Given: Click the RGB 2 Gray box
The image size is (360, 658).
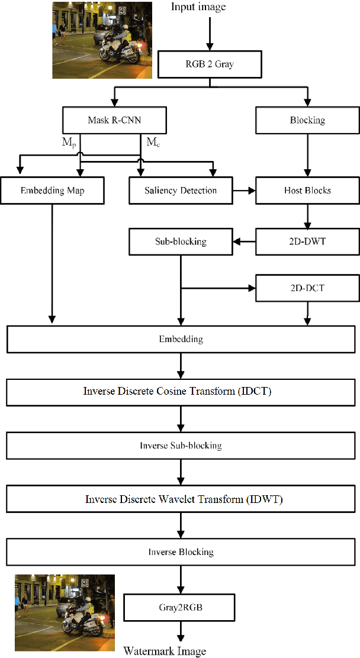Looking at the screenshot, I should click(x=208, y=64).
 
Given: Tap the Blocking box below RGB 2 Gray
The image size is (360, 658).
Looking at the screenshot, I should click(x=307, y=120).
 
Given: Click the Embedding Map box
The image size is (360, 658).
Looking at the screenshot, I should click(x=53, y=191).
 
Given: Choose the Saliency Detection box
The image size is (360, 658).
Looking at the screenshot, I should click(x=180, y=191).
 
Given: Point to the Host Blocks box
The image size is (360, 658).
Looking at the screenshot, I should click(x=307, y=191).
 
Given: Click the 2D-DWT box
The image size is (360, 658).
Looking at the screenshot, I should click(x=307, y=242).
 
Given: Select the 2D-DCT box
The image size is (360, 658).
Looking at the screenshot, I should click(x=307, y=288).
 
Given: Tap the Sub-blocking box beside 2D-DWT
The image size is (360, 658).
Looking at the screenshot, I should click(x=180, y=242).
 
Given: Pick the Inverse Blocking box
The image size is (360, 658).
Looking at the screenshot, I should click(x=180, y=552).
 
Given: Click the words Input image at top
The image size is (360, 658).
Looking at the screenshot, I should click(x=198, y=7).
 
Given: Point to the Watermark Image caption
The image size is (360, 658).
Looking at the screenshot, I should click(x=165, y=651).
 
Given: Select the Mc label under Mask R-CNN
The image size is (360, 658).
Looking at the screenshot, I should click(x=152, y=142).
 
